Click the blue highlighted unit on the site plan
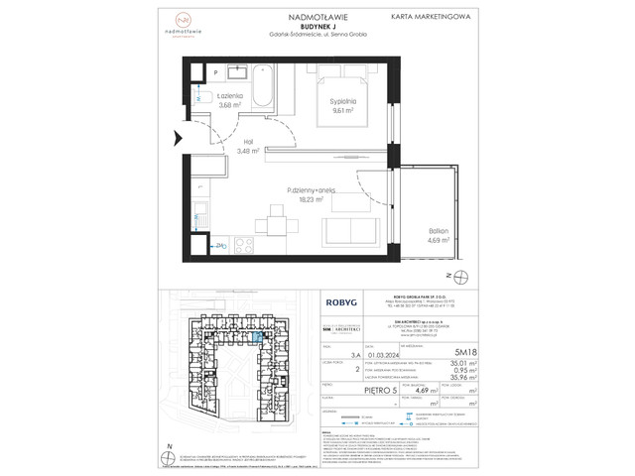258,337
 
